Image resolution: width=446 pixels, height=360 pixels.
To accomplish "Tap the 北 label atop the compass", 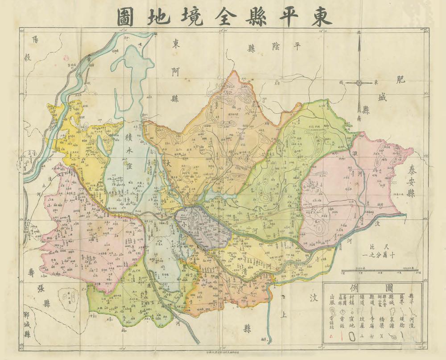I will pos(359,33).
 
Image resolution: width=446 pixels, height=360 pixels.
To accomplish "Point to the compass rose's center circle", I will pos(359,83).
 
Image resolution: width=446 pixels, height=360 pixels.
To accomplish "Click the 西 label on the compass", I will pos(342,83).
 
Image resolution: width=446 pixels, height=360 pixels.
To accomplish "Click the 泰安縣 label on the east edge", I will pos(411,181).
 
